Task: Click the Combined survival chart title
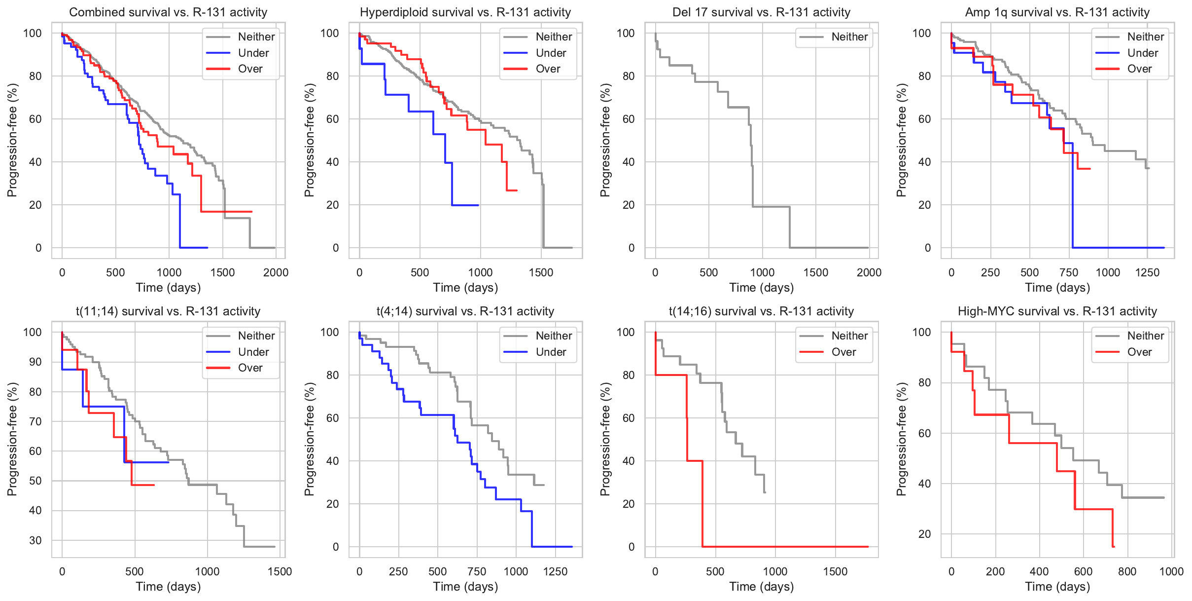168,12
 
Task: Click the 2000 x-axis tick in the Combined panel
276,272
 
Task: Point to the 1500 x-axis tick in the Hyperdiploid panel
541,272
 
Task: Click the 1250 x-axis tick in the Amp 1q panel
1147,272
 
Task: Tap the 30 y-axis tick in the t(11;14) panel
35,540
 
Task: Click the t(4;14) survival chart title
465,311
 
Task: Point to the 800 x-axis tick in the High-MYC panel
1127,571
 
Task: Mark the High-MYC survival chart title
1057,311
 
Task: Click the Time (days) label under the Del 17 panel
762,288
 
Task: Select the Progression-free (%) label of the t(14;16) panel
605,439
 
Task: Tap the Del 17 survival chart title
762,12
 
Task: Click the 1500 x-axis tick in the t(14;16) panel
835,571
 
